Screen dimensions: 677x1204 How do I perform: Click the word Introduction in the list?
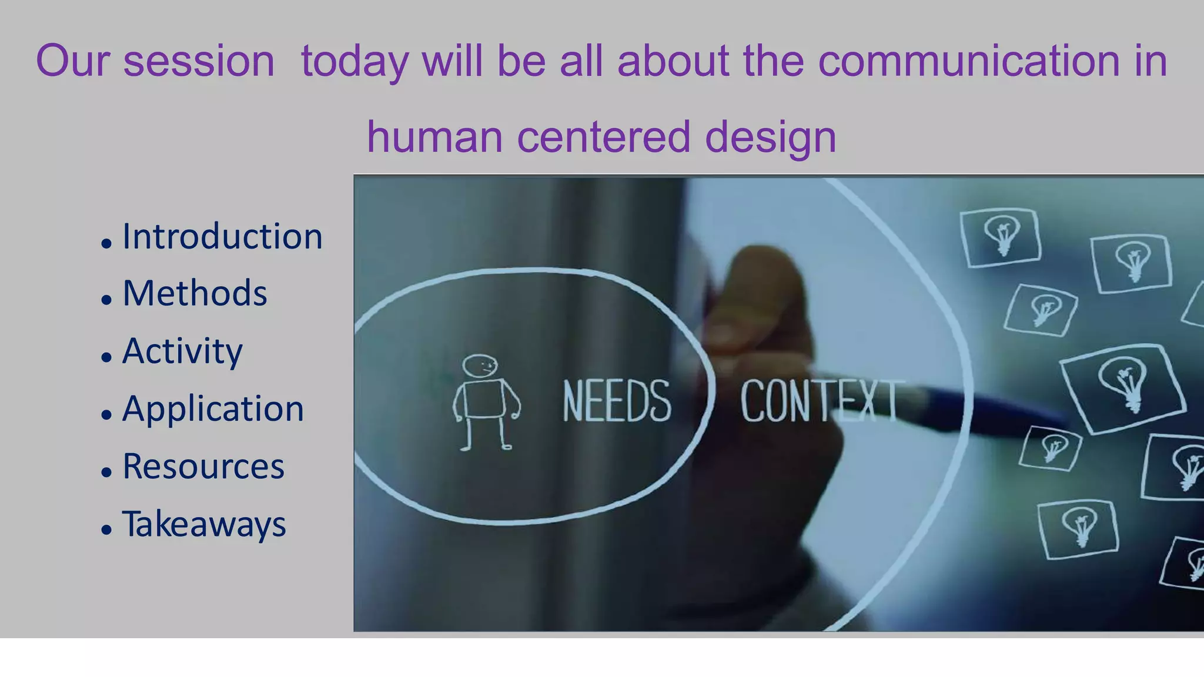(x=222, y=237)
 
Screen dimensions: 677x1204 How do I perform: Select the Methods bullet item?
(x=195, y=293)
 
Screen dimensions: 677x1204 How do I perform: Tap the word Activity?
(x=182, y=351)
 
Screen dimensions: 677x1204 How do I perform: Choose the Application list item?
(x=213, y=408)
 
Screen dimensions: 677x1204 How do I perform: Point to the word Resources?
(x=203, y=466)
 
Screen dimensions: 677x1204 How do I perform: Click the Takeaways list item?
(x=203, y=524)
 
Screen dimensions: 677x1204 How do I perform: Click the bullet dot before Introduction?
(x=106, y=243)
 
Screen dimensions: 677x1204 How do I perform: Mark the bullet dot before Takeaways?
(x=106, y=529)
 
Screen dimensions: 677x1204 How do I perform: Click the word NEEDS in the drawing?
(x=616, y=401)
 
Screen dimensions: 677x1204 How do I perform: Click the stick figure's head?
(x=480, y=366)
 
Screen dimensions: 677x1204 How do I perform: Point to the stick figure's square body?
(x=485, y=399)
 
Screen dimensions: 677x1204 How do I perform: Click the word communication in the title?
(x=969, y=61)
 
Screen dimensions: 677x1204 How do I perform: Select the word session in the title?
(x=199, y=61)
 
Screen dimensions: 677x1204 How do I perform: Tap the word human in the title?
(x=434, y=136)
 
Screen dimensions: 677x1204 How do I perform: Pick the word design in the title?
(x=770, y=136)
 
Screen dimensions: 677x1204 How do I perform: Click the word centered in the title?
(x=603, y=136)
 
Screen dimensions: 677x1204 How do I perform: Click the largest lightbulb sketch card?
(x=1123, y=388)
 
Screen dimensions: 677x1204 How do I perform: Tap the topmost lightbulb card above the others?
(x=1001, y=236)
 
